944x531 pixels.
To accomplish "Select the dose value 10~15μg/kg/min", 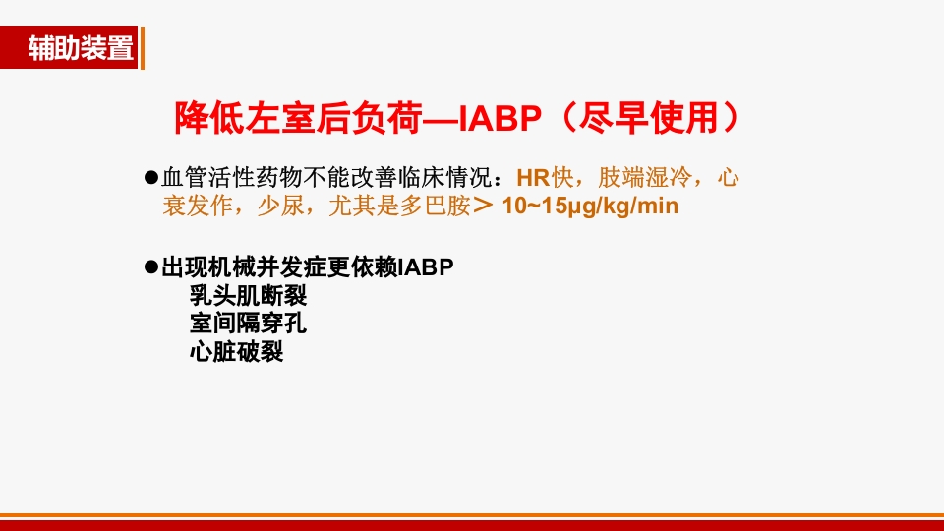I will tap(590, 206).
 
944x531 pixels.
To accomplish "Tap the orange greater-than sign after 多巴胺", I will tap(482, 206).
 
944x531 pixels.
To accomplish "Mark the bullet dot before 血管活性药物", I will tap(151, 178).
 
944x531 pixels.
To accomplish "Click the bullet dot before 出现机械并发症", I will tap(151, 266).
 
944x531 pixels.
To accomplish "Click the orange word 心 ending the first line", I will tap(729, 179).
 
